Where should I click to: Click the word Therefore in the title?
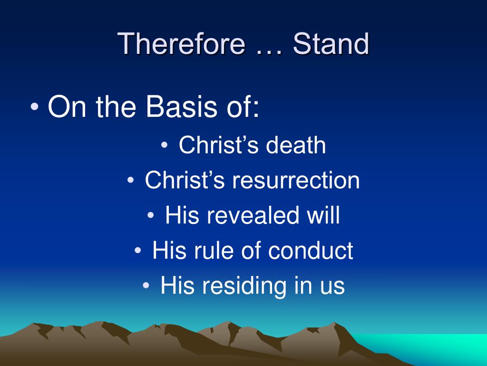[181, 43]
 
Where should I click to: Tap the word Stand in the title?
[331, 43]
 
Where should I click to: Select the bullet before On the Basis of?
[35, 107]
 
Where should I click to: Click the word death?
[296, 145]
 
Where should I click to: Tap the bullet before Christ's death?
[164, 145]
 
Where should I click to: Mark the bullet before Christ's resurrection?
[130, 180]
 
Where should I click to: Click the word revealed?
[253, 215]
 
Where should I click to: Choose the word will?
[323, 215]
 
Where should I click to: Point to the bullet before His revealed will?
[151, 215]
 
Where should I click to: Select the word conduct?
[310, 250]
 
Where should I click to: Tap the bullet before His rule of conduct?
[138, 250]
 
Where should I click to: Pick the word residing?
[244, 286]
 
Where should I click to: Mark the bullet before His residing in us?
[146, 285]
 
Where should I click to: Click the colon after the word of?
[255, 109]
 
